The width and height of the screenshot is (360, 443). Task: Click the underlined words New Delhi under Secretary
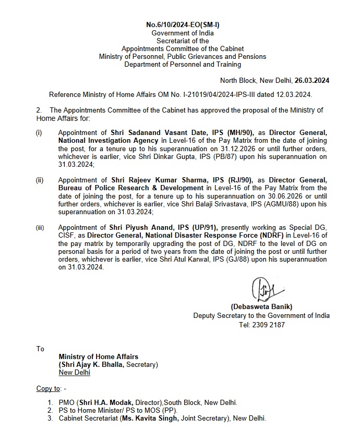(74, 372)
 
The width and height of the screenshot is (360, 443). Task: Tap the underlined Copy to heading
(48, 388)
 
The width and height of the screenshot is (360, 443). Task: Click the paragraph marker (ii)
(40, 180)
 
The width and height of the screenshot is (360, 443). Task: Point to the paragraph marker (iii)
(40, 228)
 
